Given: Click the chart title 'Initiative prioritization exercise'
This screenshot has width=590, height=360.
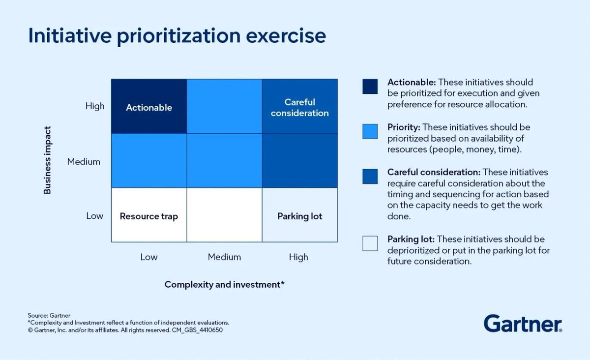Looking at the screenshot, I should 177,37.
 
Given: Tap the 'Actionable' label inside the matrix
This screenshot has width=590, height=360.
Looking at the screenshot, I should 149,108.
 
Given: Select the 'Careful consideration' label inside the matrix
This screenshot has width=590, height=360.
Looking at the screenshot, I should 299,108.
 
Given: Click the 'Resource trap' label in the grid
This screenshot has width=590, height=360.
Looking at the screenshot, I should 149,216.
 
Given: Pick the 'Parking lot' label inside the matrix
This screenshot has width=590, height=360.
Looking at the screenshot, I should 299,216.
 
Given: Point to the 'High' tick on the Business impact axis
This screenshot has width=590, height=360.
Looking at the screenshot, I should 95,106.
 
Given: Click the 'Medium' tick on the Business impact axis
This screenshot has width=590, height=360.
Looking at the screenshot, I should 84,162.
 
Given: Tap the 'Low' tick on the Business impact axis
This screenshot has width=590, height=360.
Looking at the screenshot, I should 95,216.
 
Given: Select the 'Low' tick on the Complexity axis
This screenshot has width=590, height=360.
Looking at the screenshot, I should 149,257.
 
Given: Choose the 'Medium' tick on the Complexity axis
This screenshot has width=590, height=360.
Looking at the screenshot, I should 224,257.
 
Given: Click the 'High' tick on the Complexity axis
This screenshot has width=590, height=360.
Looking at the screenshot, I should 298,257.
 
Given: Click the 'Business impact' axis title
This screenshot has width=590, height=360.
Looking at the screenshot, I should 48,160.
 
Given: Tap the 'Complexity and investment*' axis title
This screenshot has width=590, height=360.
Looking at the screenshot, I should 224,285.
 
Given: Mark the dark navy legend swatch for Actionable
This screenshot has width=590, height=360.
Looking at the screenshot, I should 370,86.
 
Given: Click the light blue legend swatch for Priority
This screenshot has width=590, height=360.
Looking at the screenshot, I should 370,131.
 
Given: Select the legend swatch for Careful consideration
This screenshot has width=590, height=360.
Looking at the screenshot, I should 370,177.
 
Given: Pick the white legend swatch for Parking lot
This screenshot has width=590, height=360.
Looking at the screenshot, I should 370,243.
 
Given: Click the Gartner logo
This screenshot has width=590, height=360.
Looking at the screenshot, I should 523,324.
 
